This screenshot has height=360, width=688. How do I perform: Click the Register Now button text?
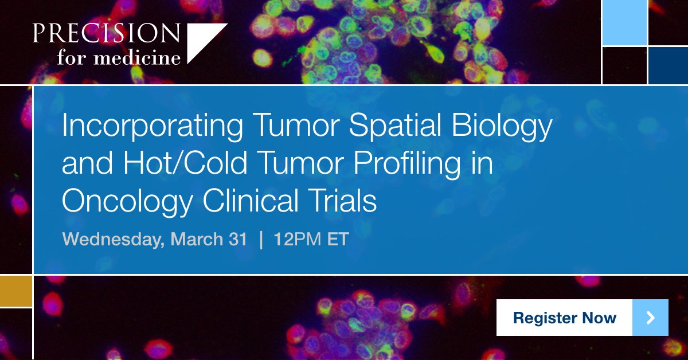(x=564, y=318)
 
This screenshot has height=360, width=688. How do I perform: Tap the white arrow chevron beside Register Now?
(x=650, y=318)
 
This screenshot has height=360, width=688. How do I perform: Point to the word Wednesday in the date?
(x=112, y=239)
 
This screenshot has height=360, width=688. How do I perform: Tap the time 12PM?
(x=298, y=239)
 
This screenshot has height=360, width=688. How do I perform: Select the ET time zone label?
(x=338, y=239)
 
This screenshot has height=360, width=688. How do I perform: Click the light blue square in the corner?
(x=624, y=23)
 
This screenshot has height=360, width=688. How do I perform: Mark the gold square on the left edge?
(x=15, y=291)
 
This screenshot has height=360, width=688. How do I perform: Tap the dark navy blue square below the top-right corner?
(x=668, y=65)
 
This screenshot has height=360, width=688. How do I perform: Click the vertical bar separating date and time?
(x=261, y=239)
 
